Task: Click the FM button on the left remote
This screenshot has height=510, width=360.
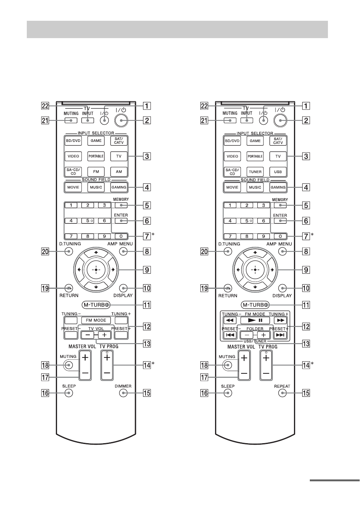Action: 96,172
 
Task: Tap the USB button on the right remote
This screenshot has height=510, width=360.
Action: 278,172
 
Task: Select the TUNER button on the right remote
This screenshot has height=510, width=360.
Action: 255,172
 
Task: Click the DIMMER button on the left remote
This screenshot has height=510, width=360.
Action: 123,393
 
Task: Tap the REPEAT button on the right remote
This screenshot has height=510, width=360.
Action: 282,393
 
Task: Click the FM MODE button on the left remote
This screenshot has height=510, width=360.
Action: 96,320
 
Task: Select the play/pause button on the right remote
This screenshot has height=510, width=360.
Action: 255,320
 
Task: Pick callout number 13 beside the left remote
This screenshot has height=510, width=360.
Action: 147,344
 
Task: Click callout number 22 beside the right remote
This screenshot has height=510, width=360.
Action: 204,106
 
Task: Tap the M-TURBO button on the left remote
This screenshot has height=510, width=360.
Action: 96,305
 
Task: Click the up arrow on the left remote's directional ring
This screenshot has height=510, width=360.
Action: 96,252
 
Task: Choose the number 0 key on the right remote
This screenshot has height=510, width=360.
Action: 280,236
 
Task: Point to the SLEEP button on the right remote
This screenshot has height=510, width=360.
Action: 228,393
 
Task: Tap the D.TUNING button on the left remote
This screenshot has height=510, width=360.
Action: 69,251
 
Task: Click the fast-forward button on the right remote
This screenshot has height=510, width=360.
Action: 280,320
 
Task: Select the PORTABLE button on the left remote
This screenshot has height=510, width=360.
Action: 96,156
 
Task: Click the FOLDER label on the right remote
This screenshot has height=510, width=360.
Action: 255,329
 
